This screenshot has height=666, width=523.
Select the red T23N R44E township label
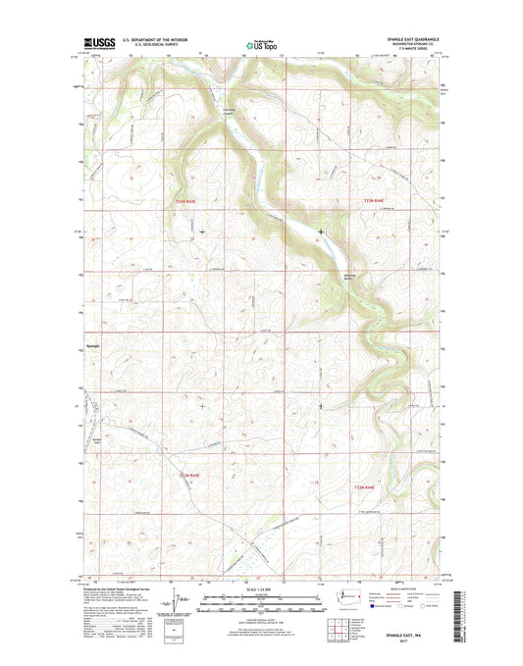click(x=364, y=202)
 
